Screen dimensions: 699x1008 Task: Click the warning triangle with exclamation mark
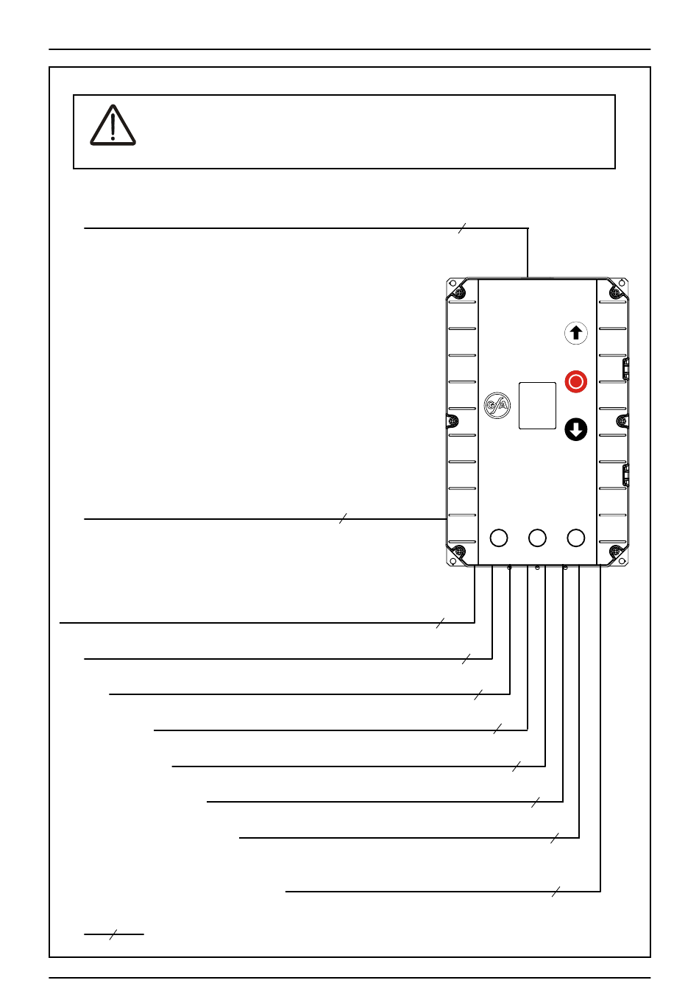click(x=113, y=126)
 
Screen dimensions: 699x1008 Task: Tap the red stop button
click(x=575, y=381)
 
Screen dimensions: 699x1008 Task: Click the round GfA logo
click(x=497, y=406)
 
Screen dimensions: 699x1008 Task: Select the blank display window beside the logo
click(x=537, y=406)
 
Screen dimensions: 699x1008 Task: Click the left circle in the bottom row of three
click(x=498, y=538)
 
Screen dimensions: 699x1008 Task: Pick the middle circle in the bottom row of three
click(x=537, y=538)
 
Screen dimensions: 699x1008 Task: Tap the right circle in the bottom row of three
click(x=575, y=538)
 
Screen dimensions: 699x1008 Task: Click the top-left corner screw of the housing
click(x=459, y=293)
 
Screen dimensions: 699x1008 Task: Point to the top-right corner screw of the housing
click(x=615, y=293)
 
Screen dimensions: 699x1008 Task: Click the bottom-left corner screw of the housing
click(x=459, y=550)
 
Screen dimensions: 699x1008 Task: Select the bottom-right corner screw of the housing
click(x=615, y=550)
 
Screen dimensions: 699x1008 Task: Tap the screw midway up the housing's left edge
click(x=453, y=421)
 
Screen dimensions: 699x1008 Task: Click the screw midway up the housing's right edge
click(x=621, y=421)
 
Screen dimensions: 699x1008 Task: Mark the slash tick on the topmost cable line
click(x=461, y=228)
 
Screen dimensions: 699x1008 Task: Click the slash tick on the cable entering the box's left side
click(x=343, y=518)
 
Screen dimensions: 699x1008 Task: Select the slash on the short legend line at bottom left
click(x=113, y=934)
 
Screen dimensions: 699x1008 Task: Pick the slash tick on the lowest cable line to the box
click(x=556, y=892)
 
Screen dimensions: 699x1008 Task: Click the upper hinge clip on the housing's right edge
click(x=625, y=369)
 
